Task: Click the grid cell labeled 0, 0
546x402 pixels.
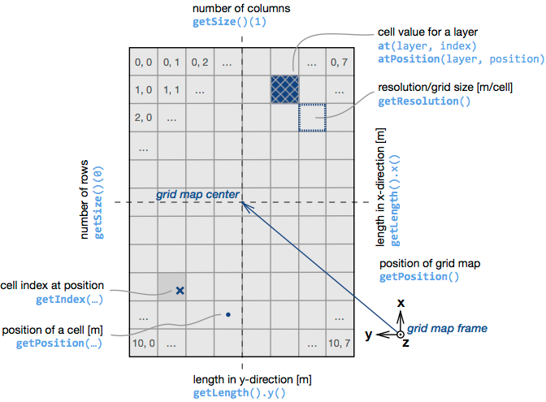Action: [143, 62]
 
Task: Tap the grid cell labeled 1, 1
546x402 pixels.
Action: [171, 90]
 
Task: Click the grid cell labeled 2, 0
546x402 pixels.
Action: [143, 118]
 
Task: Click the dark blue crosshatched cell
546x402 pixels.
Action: [285, 89]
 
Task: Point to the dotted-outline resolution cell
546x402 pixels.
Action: [312, 117]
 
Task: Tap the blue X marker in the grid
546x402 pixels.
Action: [180, 289]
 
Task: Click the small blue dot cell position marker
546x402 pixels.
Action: [228, 313]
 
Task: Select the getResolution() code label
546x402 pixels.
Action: [424, 102]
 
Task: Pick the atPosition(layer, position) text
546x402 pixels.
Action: [461, 58]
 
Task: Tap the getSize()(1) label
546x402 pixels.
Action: [229, 22]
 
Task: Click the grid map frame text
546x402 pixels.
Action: [447, 329]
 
